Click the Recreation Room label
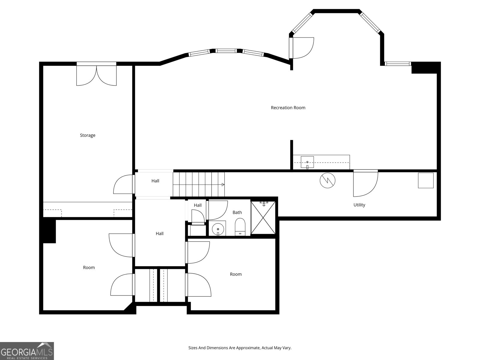(288, 108)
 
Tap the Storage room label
(88, 135)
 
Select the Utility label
(359, 205)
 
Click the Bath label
(237, 212)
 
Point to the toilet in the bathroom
(240, 227)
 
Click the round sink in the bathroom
(217, 229)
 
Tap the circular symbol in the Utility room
(327, 181)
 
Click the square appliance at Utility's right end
(426, 181)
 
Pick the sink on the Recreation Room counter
(307, 162)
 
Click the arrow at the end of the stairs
(223, 184)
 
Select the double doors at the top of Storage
(96, 75)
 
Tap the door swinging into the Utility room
(365, 183)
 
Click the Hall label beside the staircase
(155, 181)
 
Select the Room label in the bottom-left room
(89, 268)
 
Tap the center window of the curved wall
(226, 51)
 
